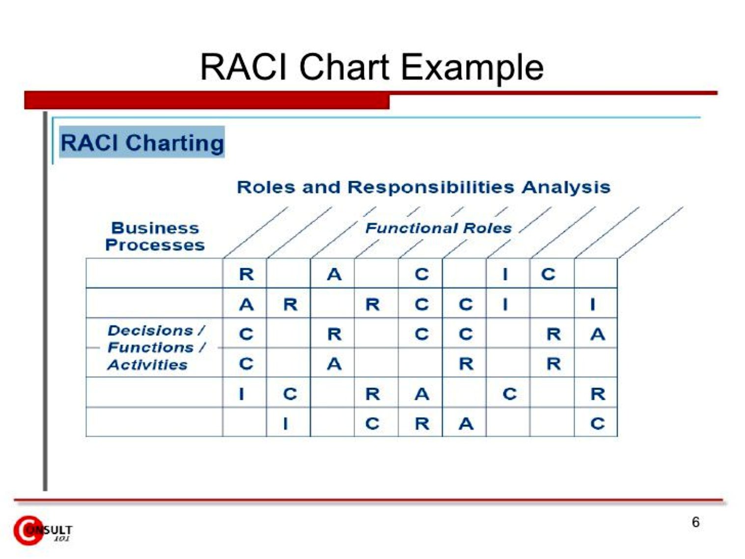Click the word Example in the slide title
tap(472, 68)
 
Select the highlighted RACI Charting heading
tap(142, 142)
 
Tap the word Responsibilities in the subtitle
tap(430, 187)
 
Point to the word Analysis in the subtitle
tap(566, 187)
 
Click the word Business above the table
tap(155, 228)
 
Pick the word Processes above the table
tap(155, 245)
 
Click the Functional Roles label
tap(438, 228)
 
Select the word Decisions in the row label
tap(150, 331)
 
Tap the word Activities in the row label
tap(147, 365)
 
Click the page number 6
tap(695, 522)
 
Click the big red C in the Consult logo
tap(27, 531)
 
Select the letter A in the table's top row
tap(334, 274)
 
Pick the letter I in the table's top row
tap(505, 274)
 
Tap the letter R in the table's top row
tap(247, 274)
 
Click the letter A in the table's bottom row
tap(466, 423)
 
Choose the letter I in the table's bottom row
tap(285, 423)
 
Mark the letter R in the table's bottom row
tap(422, 423)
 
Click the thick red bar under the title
tap(207, 101)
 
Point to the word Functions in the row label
tap(151, 348)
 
